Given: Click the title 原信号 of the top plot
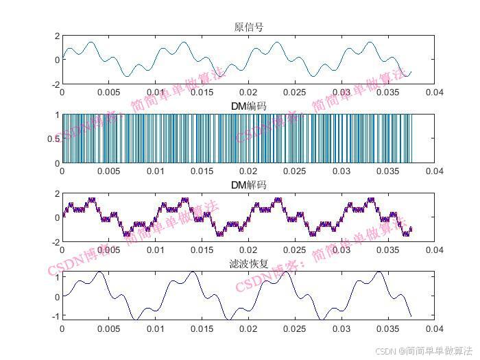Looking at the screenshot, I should (248, 27).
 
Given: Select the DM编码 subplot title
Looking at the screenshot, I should (248, 106).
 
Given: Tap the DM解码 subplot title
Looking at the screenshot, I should (248, 185).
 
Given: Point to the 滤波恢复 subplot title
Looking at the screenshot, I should (248, 264).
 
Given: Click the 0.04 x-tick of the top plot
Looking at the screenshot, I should (433, 92).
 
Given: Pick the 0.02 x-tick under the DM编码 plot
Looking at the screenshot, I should (248, 171).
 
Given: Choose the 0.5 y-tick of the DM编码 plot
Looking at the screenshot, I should (53, 139).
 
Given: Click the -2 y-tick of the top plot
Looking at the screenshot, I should (56, 84).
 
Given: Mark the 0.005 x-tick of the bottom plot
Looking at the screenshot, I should (108, 328).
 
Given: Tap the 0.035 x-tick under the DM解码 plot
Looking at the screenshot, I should (387, 250).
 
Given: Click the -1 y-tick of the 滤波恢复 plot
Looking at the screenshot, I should (56, 316).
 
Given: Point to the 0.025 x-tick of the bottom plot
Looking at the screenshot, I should (294, 328).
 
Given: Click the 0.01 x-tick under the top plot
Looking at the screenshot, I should (155, 92).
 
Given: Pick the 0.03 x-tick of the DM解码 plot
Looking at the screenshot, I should (341, 250).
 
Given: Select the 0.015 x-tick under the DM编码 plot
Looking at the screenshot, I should (202, 171).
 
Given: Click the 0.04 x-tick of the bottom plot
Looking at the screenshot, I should (433, 328).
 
